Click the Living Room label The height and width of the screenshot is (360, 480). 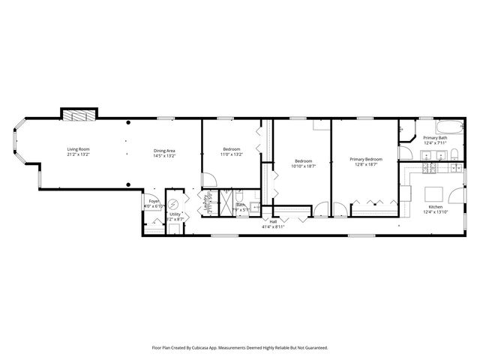78,150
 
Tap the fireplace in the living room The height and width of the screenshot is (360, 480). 77,115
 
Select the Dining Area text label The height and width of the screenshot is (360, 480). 164,150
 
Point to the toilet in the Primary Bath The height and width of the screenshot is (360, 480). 454,155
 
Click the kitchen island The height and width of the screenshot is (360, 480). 434,188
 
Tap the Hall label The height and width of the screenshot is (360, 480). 273,221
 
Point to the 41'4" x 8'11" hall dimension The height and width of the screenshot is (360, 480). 273,226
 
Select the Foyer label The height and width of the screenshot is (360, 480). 153,201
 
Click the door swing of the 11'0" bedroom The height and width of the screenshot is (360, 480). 211,181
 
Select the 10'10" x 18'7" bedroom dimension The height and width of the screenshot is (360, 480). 303,166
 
